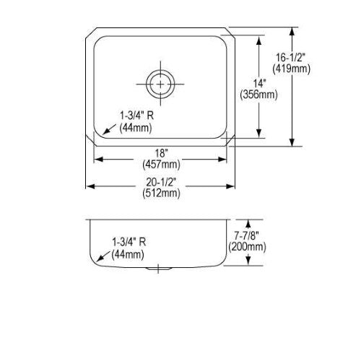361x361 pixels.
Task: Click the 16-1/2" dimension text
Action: click(x=290, y=58)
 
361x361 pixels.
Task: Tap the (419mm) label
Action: click(x=291, y=69)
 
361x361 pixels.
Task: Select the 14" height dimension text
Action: click(x=259, y=84)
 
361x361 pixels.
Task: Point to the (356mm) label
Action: click(x=258, y=95)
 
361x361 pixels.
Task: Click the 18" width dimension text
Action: click(x=161, y=152)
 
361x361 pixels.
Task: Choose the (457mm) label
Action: click(x=161, y=165)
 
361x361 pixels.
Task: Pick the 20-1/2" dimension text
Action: click(x=160, y=182)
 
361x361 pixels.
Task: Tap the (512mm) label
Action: click(x=161, y=193)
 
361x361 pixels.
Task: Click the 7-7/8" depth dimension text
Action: click(x=247, y=235)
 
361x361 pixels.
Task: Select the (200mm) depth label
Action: click(x=247, y=247)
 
